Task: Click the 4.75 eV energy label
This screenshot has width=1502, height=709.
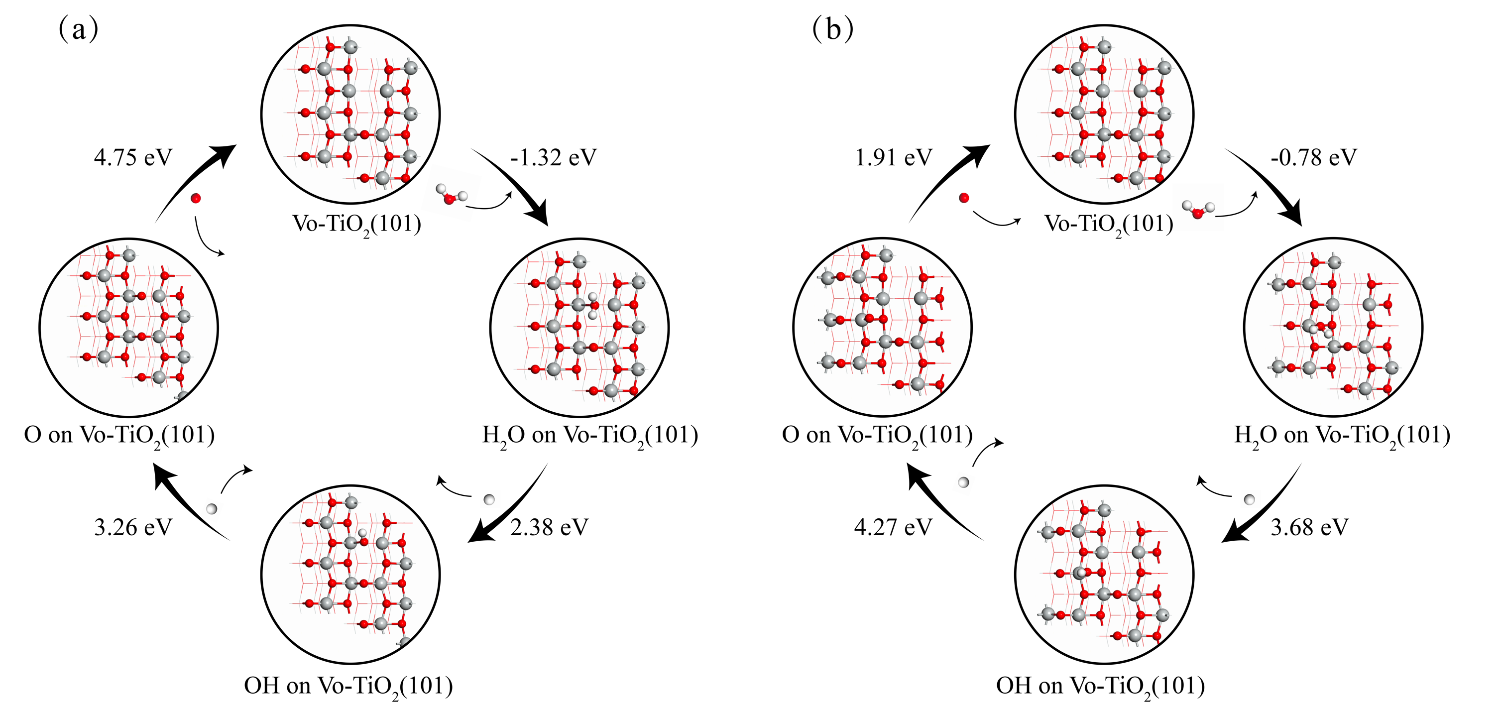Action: point(133,157)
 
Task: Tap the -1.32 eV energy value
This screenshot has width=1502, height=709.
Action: point(553,157)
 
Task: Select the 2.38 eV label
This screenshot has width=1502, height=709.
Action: point(549,527)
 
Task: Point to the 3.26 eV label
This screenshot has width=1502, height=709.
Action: point(133,527)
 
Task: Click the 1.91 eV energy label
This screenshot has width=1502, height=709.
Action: point(893,157)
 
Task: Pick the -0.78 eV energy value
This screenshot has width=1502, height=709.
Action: point(1314,157)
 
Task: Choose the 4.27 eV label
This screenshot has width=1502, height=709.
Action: point(893,527)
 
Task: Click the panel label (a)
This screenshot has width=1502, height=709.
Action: point(78,29)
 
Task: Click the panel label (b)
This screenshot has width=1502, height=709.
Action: point(832,29)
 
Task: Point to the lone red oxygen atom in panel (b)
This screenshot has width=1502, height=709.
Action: point(964,198)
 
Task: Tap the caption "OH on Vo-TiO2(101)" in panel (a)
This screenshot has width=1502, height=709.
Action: point(348,686)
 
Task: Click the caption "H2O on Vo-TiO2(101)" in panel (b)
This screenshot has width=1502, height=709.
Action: point(1342,435)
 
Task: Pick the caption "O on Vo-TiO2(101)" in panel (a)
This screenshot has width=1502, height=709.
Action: point(119,435)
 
